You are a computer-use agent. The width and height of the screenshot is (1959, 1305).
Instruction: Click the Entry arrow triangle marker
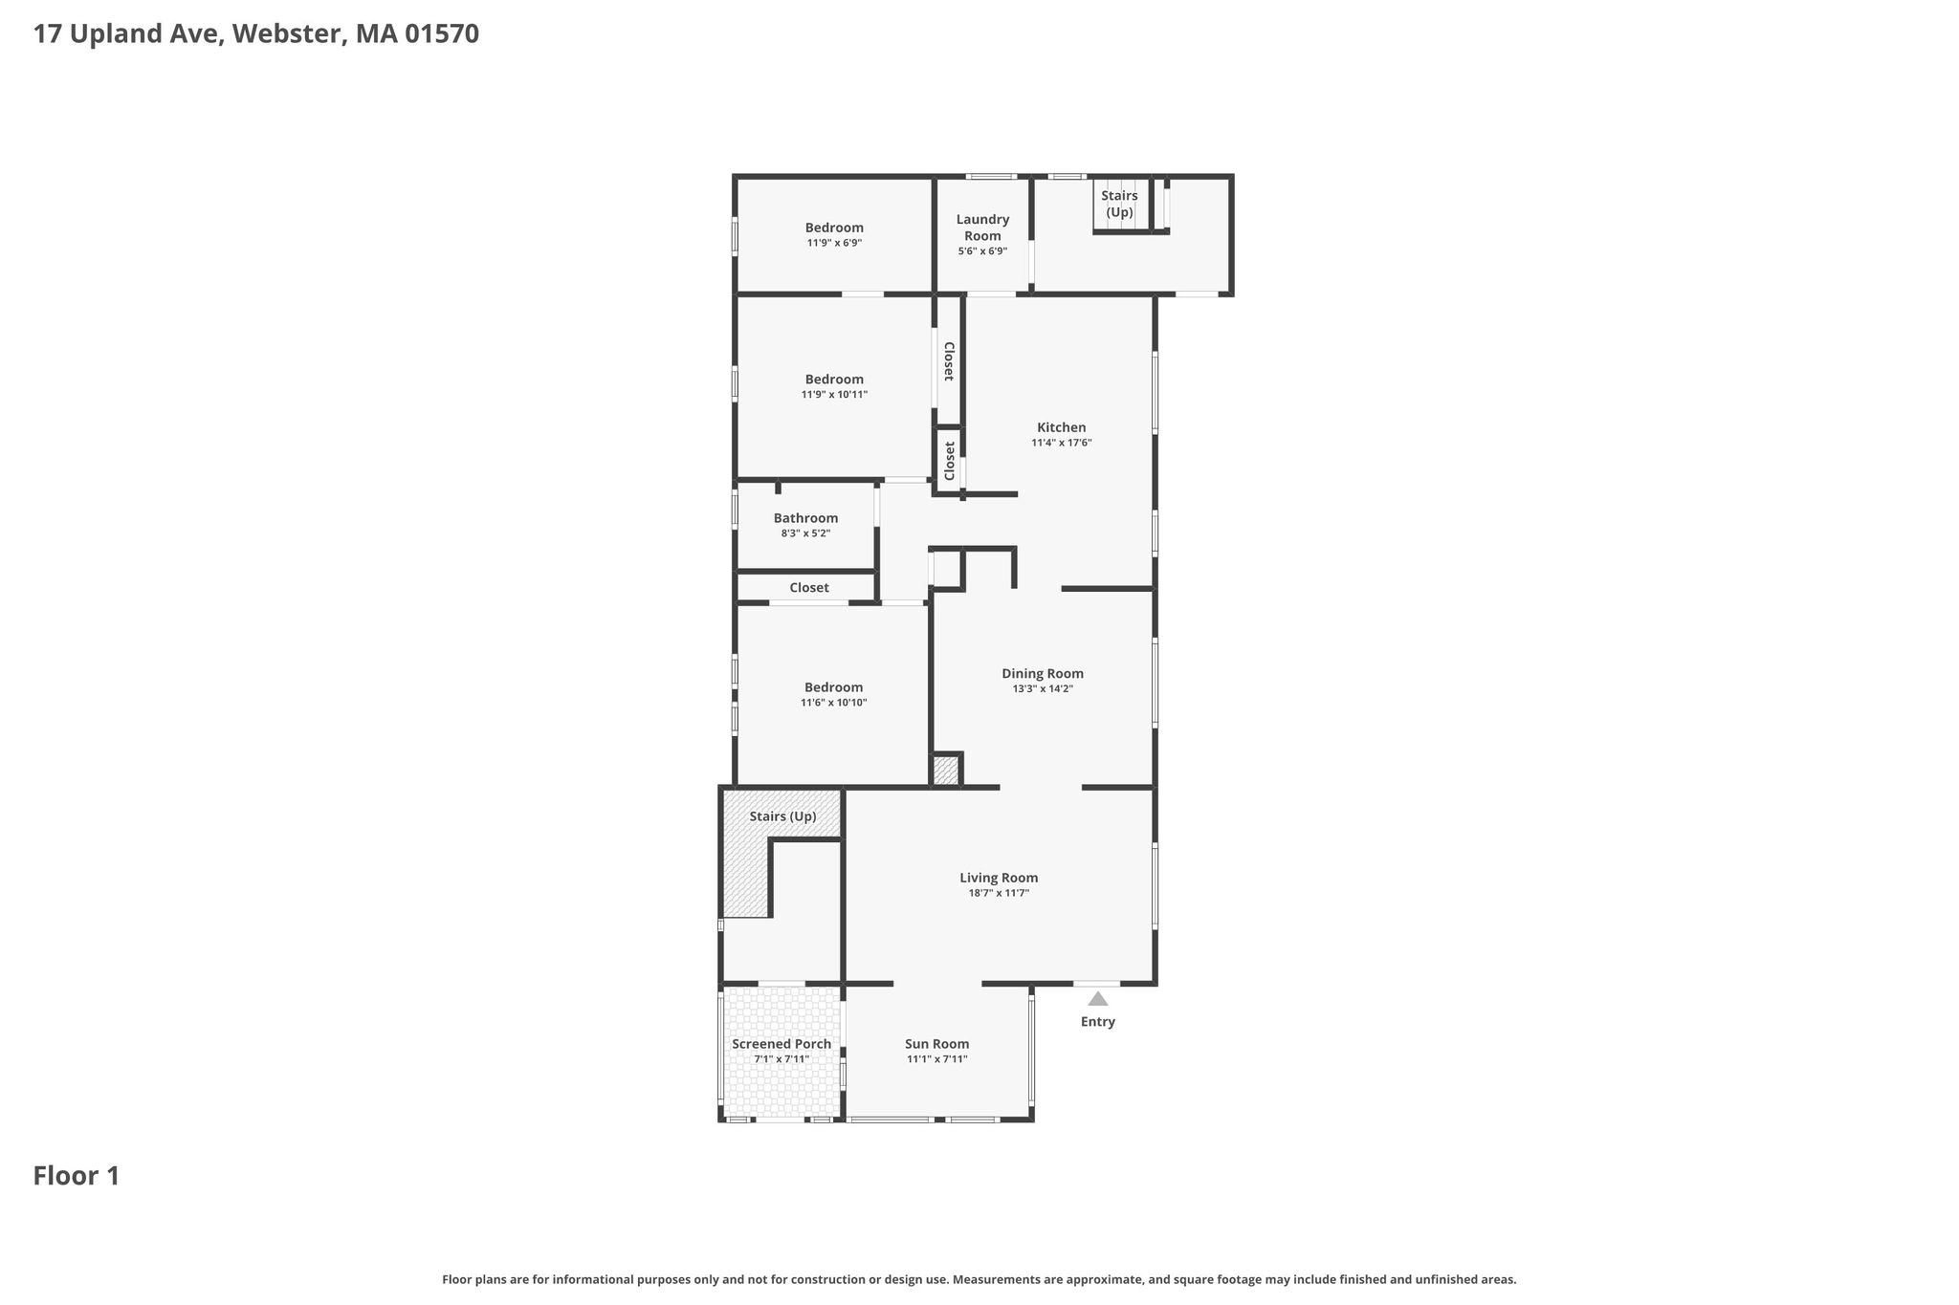(1098, 998)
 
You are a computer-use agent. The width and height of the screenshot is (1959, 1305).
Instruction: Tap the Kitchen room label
(1062, 427)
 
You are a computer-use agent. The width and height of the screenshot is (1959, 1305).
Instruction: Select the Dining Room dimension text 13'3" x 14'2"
(1043, 688)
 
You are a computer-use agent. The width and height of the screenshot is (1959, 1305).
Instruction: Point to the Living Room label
(999, 878)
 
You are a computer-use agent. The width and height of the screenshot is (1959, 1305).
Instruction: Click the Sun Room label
(937, 1044)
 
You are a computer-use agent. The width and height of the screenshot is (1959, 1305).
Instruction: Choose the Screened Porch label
(781, 1044)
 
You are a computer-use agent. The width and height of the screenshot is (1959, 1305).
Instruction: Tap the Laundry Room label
(983, 228)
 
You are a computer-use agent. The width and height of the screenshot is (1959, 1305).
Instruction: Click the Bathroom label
(806, 518)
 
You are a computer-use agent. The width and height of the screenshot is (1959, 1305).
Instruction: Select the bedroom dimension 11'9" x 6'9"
(834, 243)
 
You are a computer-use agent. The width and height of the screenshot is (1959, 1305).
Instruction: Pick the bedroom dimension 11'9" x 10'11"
(834, 394)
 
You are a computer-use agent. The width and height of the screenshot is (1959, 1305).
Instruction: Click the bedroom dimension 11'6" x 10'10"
(834, 703)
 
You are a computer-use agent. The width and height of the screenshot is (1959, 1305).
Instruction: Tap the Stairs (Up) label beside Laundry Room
(1119, 204)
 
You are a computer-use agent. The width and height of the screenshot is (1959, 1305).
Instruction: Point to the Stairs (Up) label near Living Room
(782, 816)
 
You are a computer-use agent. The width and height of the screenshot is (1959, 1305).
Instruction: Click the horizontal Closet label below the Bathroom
(809, 588)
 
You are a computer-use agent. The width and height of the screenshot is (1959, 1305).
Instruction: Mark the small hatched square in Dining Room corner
(945, 771)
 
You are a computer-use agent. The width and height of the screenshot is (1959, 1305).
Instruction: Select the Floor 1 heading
(77, 1176)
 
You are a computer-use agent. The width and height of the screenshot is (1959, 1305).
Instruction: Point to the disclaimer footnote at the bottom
(979, 1279)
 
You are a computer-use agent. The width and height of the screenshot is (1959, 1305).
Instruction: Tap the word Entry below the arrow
(1098, 1022)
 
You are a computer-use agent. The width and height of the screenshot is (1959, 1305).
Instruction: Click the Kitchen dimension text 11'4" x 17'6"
(1062, 443)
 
